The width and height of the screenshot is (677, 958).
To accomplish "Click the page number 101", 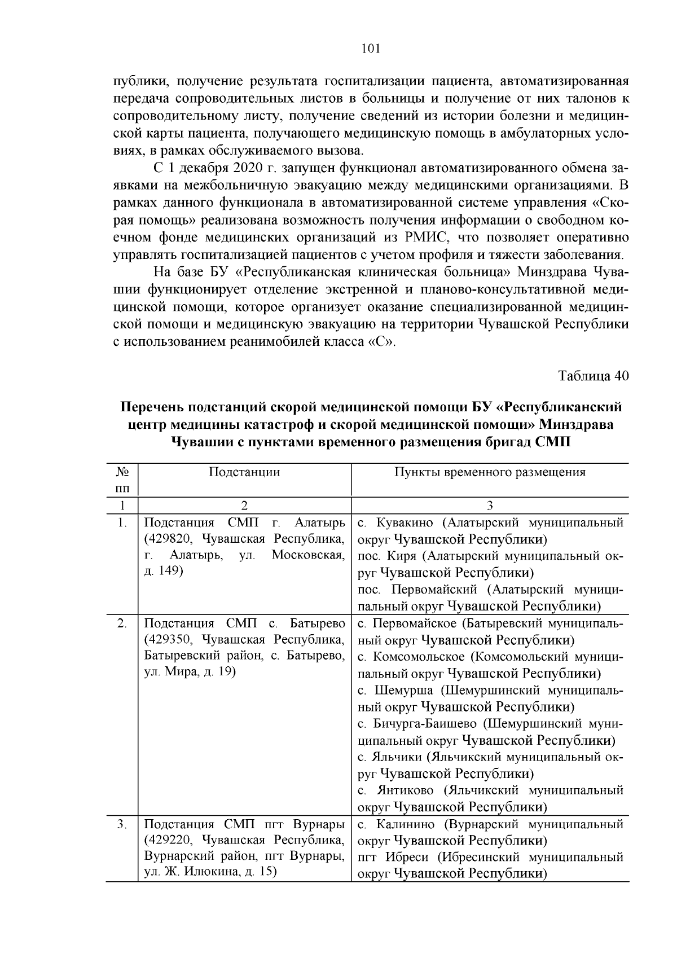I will pos(371,49).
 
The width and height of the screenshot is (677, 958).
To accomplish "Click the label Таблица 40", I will pos(593,376).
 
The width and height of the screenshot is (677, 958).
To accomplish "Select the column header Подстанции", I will pos(244,472).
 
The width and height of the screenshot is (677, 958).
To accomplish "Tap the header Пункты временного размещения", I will pos(490,472).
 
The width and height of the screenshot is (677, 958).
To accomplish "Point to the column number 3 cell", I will pos(490,506).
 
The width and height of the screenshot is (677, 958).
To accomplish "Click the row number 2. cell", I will pos(122,623).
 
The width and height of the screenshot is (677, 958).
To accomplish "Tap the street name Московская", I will pos(308,555).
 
